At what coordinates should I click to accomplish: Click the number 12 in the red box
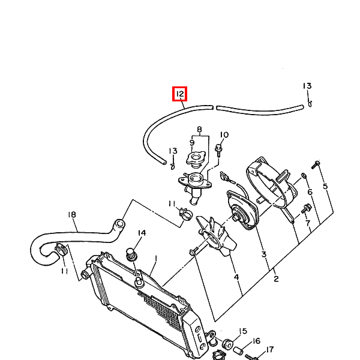[180, 94]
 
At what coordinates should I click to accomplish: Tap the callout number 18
[72, 214]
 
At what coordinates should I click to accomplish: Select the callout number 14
[142, 233]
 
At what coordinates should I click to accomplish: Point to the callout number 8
[199, 129]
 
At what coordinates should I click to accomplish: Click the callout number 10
[224, 134]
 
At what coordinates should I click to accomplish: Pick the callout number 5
[325, 186]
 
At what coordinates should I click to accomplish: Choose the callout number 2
[276, 279]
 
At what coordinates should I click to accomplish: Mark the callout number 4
[236, 277]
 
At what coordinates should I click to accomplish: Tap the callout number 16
[256, 341]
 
